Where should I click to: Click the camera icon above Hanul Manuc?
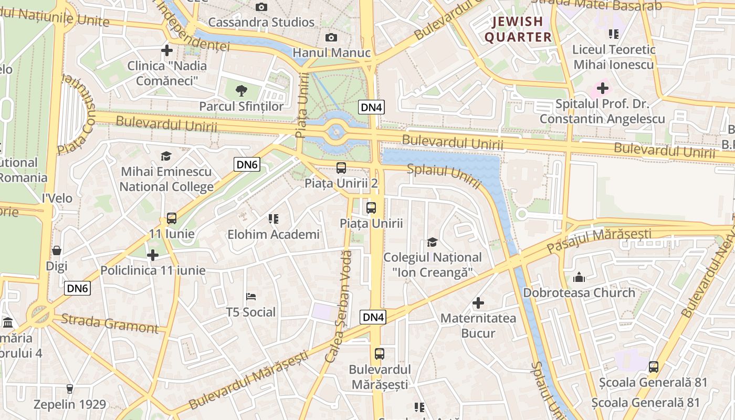click(331, 37)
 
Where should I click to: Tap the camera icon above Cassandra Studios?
click(261, 7)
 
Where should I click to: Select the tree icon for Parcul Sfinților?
click(241, 91)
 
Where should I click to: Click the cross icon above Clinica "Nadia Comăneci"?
click(167, 50)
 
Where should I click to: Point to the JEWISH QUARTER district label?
click(518, 29)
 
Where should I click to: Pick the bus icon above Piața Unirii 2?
click(341, 168)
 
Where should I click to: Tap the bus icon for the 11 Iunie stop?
click(171, 218)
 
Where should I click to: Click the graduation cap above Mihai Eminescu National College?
click(166, 156)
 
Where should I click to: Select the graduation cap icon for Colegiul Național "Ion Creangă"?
click(432, 242)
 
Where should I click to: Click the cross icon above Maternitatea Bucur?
click(478, 303)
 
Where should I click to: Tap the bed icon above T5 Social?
click(251, 297)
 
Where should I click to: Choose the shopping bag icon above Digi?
click(57, 250)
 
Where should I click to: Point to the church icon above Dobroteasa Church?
click(579, 277)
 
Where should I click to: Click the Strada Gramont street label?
click(109, 323)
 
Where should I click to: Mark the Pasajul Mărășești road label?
click(598, 240)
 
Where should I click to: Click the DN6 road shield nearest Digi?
click(78, 288)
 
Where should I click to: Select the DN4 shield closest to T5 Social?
click(373, 317)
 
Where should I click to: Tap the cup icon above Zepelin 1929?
click(69, 389)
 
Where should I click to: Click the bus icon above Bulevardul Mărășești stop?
click(380, 354)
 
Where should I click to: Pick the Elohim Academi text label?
click(273, 235)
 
